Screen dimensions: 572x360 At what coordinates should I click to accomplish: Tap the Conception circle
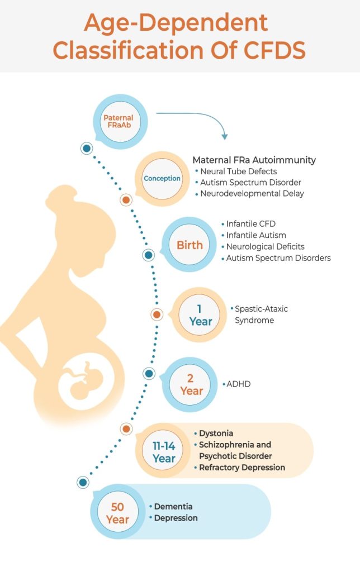pyautogui.click(x=162, y=179)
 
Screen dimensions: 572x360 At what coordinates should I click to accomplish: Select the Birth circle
pyautogui.click(x=190, y=245)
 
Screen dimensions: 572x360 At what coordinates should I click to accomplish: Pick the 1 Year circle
pyautogui.click(x=200, y=315)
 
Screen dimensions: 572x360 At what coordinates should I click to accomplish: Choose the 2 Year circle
pyautogui.click(x=191, y=384)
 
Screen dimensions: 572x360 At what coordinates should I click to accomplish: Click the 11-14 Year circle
pyautogui.click(x=164, y=451)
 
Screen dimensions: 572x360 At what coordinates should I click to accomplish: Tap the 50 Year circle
pyautogui.click(x=117, y=513)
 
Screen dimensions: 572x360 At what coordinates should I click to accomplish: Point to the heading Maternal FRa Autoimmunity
pyautogui.click(x=254, y=160)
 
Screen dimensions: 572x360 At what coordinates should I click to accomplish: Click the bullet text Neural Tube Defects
pyautogui.click(x=239, y=171)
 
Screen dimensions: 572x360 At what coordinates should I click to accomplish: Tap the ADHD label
pyautogui.click(x=239, y=384)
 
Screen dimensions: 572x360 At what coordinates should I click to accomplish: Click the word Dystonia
pyautogui.click(x=216, y=433)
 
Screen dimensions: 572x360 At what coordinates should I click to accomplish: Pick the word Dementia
pyautogui.click(x=173, y=507)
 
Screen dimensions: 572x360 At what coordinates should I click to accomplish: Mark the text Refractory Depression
pyautogui.click(x=242, y=468)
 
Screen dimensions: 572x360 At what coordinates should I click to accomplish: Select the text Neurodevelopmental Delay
pyautogui.click(x=252, y=194)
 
